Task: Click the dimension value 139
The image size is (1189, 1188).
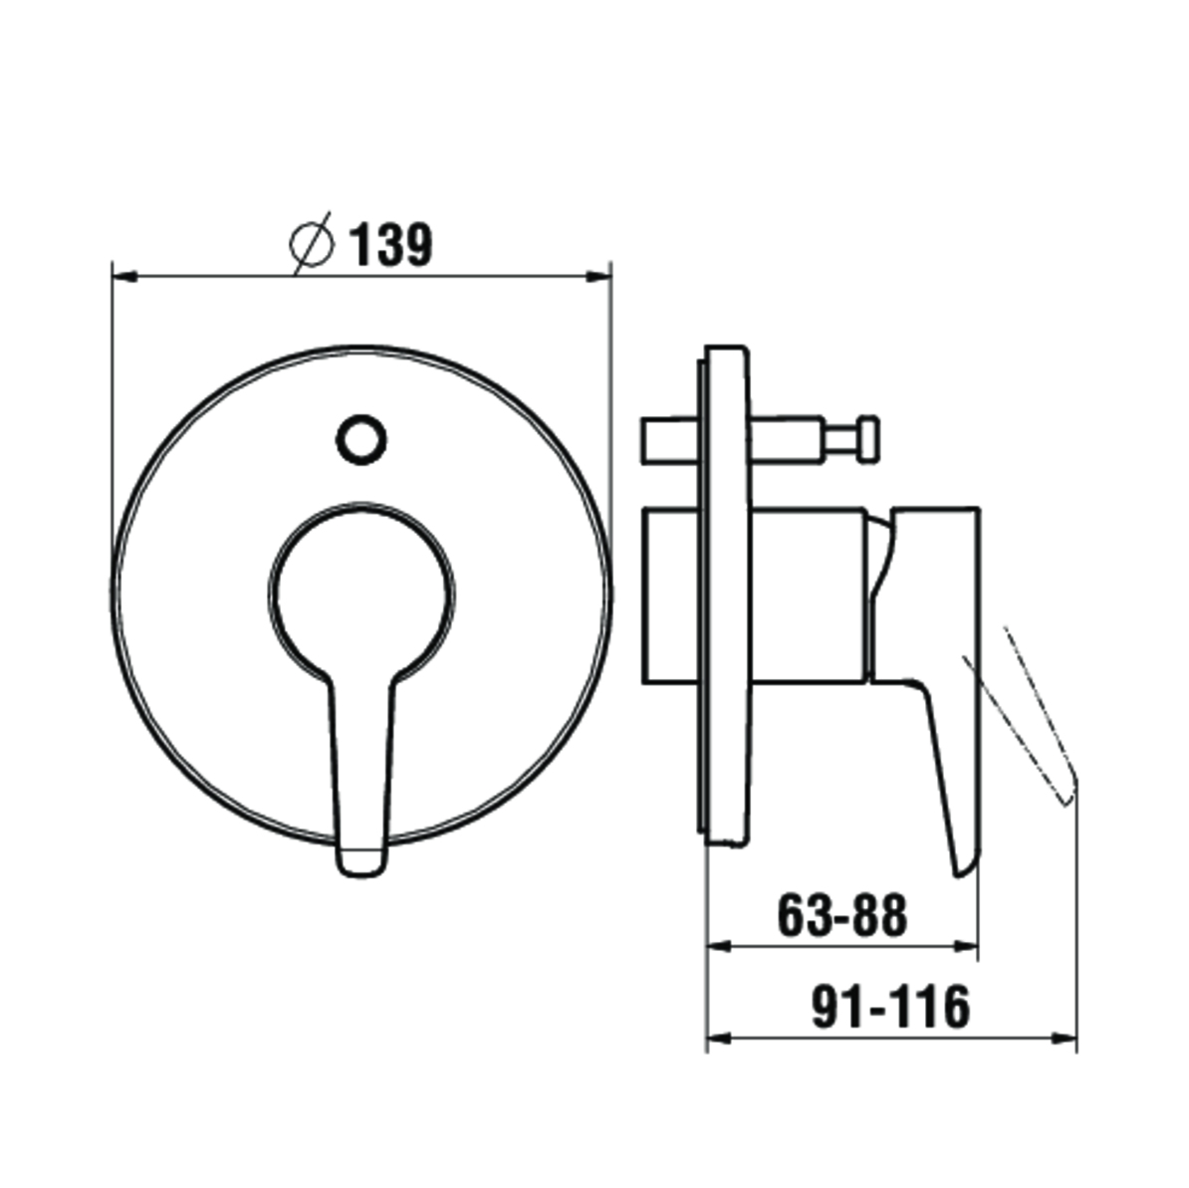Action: (391, 244)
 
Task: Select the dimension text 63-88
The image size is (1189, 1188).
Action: (842, 916)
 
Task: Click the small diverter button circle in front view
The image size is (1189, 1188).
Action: (360, 440)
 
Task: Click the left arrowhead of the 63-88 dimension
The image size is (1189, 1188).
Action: (719, 946)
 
